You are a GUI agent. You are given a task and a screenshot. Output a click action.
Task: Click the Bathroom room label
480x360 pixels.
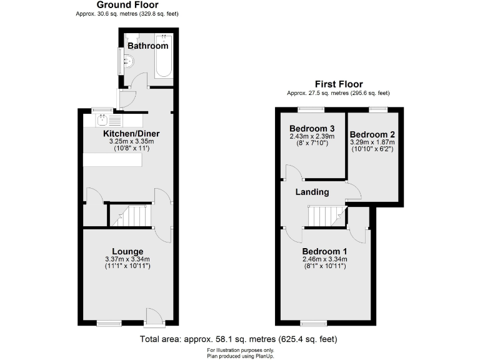click(147, 46)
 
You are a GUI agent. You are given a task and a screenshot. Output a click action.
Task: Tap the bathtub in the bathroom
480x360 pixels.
click(163, 56)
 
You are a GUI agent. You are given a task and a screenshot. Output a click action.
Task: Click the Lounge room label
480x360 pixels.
click(127, 251)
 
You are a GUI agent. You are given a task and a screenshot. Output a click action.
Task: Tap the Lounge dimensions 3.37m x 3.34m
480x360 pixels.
click(127, 259)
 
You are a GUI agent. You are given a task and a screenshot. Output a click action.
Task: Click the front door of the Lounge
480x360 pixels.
click(153, 317)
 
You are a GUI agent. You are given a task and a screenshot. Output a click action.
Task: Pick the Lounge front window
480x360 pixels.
click(109, 323)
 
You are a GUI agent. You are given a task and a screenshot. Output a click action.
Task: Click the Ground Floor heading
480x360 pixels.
click(123, 5)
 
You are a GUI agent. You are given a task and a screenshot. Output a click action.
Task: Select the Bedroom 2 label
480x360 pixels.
click(372, 134)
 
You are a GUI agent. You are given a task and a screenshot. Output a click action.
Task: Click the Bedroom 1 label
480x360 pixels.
click(324, 251)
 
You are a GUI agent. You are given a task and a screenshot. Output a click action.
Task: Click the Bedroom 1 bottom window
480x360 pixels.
click(313, 323)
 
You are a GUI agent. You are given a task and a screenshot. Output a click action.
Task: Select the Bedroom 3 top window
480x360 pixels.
click(311, 109)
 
